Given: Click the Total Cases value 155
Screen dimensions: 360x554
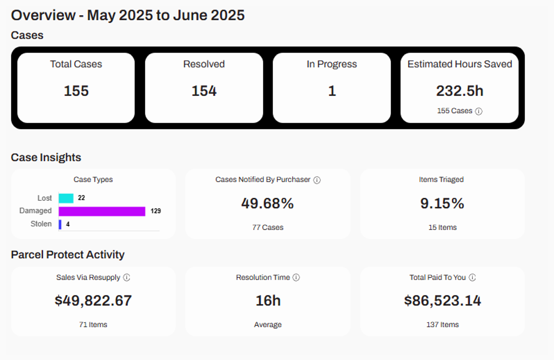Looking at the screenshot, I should (x=76, y=91).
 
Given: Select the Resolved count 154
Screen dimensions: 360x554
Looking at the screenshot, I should (x=204, y=91).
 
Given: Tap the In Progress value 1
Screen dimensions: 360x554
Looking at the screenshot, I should (x=331, y=91).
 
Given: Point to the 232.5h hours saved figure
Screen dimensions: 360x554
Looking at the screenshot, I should (x=459, y=91).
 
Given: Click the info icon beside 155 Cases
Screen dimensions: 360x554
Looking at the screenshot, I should (x=479, y=111).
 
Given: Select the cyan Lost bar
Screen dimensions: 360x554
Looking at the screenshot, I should (x=66, y=198).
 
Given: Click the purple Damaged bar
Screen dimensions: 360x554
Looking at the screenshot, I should (x=102, y=211).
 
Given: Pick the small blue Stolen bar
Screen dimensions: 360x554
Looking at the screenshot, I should (x=60, y=224).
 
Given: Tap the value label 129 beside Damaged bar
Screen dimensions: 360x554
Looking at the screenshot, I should (x=156, y=211).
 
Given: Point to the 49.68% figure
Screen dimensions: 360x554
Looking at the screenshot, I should (x=267, y=204).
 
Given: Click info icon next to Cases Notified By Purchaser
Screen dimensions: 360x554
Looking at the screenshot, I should (x=317, y=180).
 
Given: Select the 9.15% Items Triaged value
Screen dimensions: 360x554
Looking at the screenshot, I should (x=442, y=204).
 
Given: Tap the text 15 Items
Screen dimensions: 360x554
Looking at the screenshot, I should (x=442, y=228).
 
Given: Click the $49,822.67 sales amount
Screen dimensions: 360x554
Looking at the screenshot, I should (x=93, y=301).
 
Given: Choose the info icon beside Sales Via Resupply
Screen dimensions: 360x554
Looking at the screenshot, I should (x=127, y=278).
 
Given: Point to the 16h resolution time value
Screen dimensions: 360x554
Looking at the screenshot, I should (x=268, y=301).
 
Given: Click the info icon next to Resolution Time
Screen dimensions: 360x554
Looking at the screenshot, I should (x=296, y=278).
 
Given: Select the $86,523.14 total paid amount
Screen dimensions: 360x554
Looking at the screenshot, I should (x=442, y=301).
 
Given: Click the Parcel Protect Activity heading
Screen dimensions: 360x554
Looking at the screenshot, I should (x=68, y=255).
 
